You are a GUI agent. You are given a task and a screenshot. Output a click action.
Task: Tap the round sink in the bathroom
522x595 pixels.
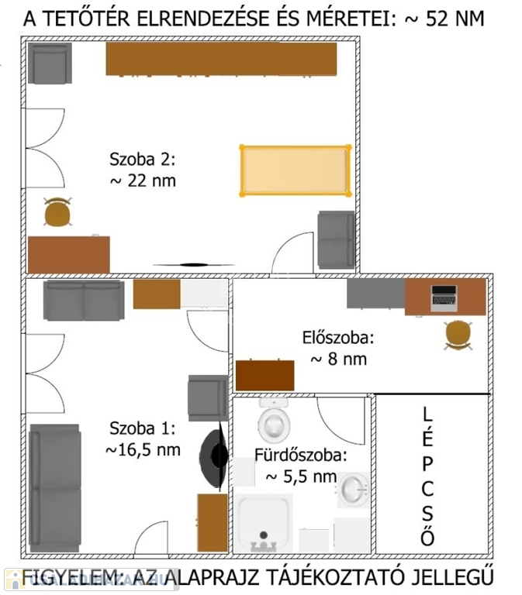[353, 490]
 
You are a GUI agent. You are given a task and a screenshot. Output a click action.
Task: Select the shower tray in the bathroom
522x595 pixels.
[263, 523]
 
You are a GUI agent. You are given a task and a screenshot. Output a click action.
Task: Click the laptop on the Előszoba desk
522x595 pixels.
[444, 298]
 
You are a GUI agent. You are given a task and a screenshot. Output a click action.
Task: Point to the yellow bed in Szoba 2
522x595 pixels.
[296, 170]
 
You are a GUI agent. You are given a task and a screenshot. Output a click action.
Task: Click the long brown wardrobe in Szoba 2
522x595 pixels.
[221, 59]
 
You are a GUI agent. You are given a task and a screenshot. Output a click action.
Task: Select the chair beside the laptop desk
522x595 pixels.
[458, 335]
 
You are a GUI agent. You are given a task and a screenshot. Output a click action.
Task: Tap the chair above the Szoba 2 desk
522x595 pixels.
[57, 212]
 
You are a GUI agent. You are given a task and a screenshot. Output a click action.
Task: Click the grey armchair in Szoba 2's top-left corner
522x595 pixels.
[50, 64]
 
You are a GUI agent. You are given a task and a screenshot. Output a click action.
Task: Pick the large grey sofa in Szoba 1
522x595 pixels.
[55, 488]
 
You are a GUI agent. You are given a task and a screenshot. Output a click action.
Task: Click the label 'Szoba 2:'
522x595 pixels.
[143, 160]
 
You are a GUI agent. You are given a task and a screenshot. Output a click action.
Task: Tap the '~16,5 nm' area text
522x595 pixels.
[143, 450]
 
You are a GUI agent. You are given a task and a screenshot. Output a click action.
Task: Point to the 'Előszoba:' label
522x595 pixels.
[338, 338]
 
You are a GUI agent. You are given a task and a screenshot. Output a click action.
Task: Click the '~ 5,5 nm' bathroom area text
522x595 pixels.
[301, 476]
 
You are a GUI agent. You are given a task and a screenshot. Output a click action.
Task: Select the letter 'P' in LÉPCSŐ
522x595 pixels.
[427, 464]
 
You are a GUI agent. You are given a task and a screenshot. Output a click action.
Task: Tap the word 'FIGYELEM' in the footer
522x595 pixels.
[60, 577]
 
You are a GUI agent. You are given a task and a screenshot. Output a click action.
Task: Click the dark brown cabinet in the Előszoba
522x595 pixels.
[264, 375]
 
